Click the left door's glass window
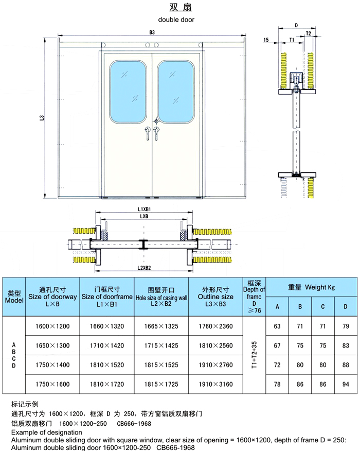point(126,91)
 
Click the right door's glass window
point(176,91)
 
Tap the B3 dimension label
point(152,32)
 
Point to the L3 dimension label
point(42,118)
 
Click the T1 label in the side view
point(291,40)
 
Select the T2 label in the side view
point(308,33)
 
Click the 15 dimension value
point(266,40)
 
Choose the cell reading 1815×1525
point(162,365)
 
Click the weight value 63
point(278,326)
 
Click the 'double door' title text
point(176,20)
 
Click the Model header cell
point(14,297)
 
